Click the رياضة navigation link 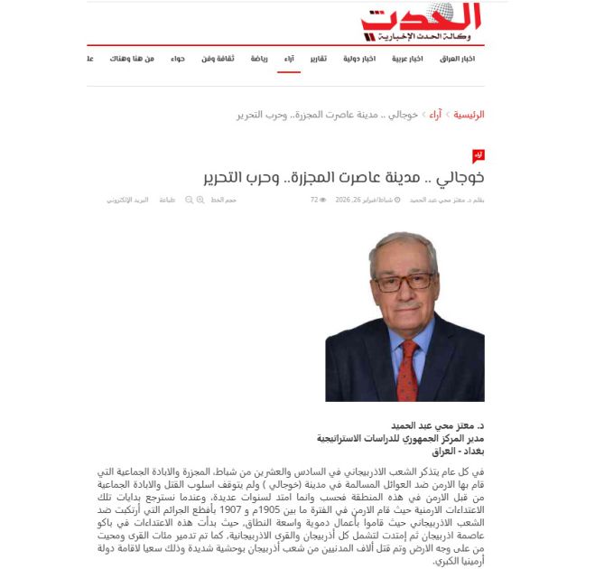[x=258, y=59]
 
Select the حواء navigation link [x=179, y=59]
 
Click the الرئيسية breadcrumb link [x=469, y=115]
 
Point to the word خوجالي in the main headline [x=462, y=176]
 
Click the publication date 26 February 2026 [x=366, y=200]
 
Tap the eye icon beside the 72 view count [x=323, y=200]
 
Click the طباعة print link [x=167, y=200]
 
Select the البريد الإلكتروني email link [x=126, y=200]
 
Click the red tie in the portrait [x=407, y=368]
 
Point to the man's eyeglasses [x=403, y=282]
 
